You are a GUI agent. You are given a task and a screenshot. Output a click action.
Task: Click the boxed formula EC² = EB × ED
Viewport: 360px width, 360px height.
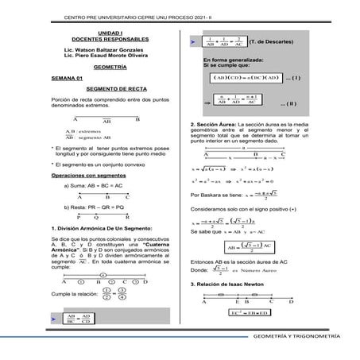tap(246, 314)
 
